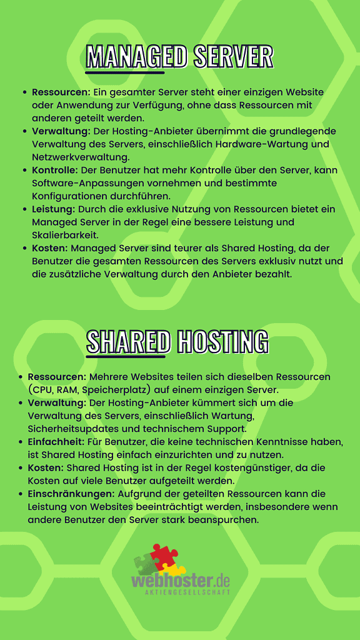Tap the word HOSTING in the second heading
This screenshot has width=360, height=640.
tap(222, 342)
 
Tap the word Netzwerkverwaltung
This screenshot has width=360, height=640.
tap(72, 157)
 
